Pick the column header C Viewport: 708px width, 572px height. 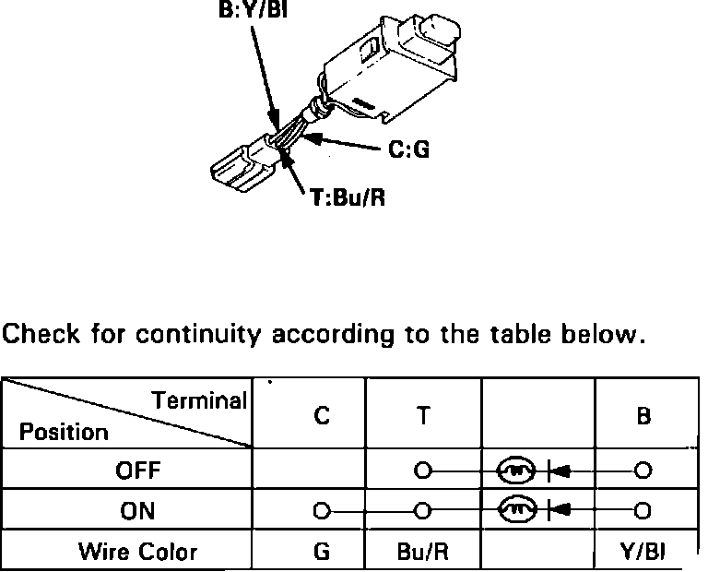[320, 415]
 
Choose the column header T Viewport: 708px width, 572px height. [421, 415]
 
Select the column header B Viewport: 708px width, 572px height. [643, 415]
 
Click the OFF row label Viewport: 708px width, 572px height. [138, 471]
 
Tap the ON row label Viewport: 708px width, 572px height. [137, 510]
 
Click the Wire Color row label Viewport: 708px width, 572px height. [138, 552]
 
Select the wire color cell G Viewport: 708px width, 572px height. [320, 552]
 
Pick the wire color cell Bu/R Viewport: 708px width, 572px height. [422, 552]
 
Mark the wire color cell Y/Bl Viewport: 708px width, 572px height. [643, 552]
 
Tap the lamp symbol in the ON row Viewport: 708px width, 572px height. [516, 508]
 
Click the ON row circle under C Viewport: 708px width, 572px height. [320, 509]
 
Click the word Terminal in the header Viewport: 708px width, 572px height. [200, 400]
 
